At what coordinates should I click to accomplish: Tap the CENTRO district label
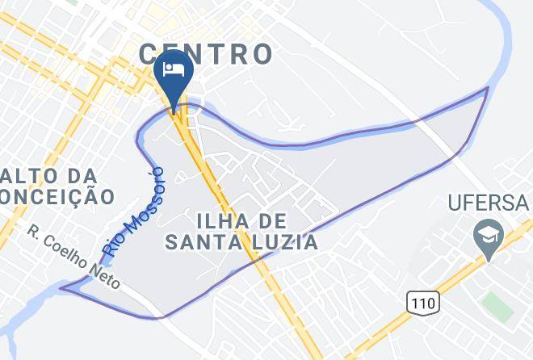point(205,54)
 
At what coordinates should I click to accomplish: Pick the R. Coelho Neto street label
point(74,257)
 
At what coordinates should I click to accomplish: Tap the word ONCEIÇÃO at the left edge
point(57,196)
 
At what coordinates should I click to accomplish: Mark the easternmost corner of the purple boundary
point(488,88)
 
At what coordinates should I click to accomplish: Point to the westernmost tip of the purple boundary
point(61,287)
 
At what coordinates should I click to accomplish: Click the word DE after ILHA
point(275,220)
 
